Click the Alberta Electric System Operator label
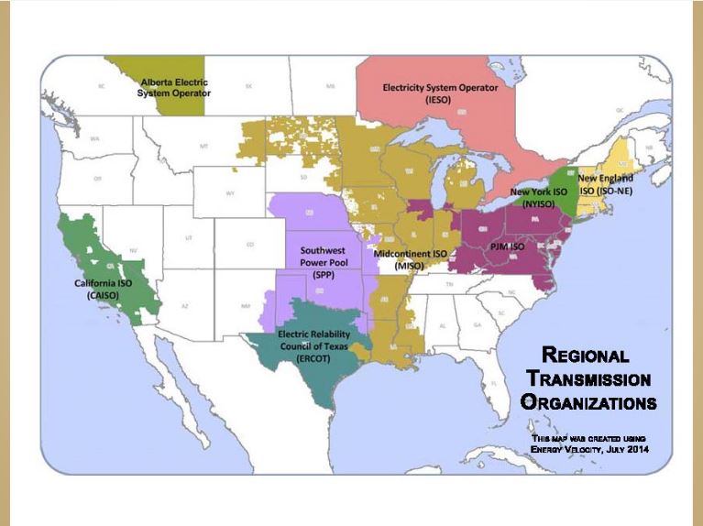point(174,87)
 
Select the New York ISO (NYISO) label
point(538,199)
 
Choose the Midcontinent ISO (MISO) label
point(410,258)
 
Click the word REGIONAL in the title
point(587,356)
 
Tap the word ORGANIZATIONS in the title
point(588,401)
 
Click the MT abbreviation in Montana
point(205,145)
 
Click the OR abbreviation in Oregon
point(96,179)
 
